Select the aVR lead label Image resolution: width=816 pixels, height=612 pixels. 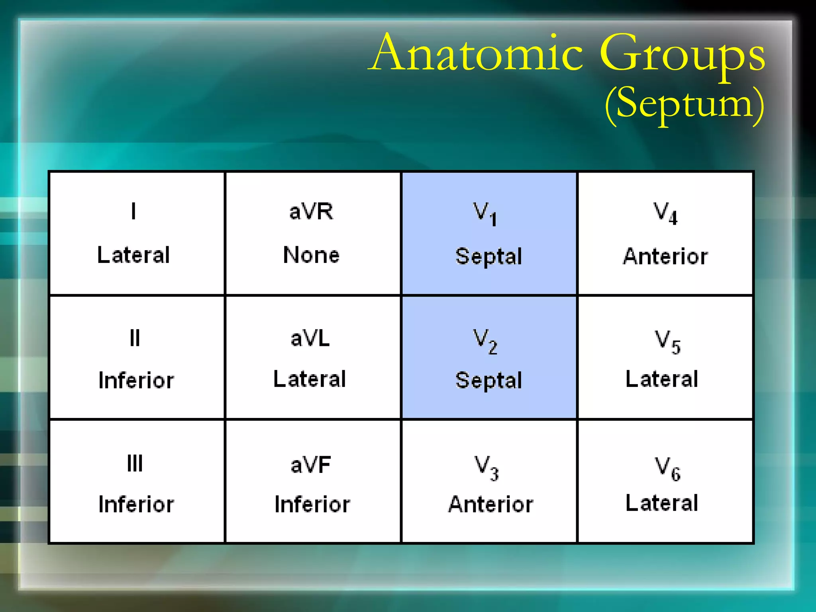(x=311, y=211)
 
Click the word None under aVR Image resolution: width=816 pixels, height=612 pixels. (x=311, y=255)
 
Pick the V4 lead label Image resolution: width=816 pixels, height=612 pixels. (x=665, y=214)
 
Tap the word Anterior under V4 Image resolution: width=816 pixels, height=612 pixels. (x=665, y=256)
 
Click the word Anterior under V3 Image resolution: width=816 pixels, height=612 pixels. (x=490, y=504)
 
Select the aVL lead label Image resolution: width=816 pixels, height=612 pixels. (x=310, y=339)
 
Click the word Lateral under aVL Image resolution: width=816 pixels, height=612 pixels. (x=310, y=379)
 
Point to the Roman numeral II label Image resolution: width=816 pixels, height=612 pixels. (x=135, y=338)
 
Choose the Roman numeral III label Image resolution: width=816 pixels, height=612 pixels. (x=135, y=463)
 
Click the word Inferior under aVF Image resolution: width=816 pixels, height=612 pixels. (x=312, y=504)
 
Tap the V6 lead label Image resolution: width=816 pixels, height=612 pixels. (x=667, y=469)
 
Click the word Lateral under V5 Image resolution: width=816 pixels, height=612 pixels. (x=662, y=379)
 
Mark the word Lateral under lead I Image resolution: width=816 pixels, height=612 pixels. (x=133, y=255)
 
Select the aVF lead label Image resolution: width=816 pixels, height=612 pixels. (x=311, y=465)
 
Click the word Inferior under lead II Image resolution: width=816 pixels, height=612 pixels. (x=136, y=381)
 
